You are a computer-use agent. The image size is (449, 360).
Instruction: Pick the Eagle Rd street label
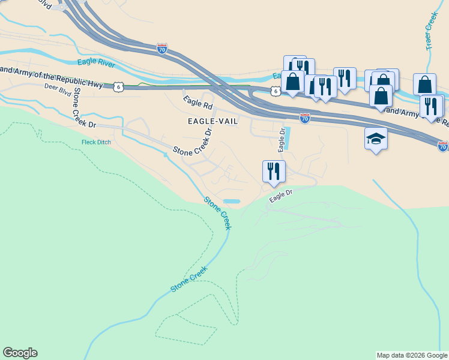point(198,102)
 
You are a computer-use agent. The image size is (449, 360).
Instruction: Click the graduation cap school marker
point(376,139)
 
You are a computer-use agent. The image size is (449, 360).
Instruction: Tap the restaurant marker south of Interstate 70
point(274,171)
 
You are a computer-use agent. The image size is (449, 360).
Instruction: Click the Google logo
point(20,353)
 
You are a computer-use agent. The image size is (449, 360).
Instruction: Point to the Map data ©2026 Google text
point(412,355)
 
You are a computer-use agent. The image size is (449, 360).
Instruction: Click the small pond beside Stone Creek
point(231,201)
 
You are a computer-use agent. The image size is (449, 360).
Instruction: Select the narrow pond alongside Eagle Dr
point(286,138)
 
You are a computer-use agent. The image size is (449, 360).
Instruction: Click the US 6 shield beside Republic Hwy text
point(119,87)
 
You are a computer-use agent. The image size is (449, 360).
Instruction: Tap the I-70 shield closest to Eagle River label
point(161,49)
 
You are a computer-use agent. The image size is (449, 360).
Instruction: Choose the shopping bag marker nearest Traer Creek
point(424,84)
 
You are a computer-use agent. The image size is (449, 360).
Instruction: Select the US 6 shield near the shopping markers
point(275,91)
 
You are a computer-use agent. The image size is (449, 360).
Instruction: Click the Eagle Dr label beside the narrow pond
point(280,140)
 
